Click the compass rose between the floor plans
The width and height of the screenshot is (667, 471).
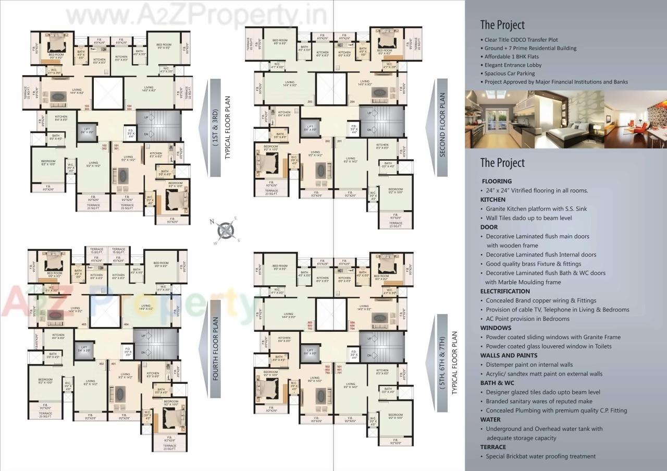(x=225, y=230)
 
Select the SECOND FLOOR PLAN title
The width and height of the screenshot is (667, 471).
(x=442, y=125)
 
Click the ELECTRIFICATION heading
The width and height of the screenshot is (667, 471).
(x=504, y=291)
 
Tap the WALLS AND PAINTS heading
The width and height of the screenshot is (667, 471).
(x=508, y=355)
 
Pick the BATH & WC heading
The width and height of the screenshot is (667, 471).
(x=497, y=383)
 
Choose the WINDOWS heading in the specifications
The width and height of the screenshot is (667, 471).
(x=496, y=328)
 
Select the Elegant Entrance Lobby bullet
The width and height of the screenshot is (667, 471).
(x=513, y=65)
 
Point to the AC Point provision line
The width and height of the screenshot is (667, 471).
(x=527, y=319)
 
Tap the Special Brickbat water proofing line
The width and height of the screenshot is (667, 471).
(x=540, y=456)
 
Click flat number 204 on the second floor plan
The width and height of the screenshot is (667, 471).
(x=352, y=101)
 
